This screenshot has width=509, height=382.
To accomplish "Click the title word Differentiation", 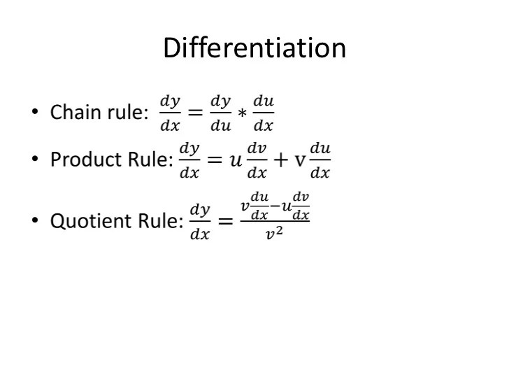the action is [x=254, y=48].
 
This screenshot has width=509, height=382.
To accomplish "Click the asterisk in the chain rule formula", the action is [x=242, y=113].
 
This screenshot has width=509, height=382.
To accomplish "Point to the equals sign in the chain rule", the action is [x=196, y=113].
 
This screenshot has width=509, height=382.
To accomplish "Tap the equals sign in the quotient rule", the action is [x=225, y=222].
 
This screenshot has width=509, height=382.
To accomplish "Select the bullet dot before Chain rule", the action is [x=34, y=112].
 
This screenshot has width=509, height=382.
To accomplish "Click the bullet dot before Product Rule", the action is [x=34, y=160].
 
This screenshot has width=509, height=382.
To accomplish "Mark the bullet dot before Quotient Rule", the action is [x=34, y=221].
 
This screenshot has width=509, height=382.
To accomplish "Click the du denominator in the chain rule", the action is [x=220, y=126].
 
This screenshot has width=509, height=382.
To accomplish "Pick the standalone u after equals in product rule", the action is [x=235, y=160].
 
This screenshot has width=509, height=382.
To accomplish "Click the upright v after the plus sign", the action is [x=299, y=160].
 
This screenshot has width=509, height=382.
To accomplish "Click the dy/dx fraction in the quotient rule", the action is [x=200, y=222].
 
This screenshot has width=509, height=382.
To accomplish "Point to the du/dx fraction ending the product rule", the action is [x=320, y=160].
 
